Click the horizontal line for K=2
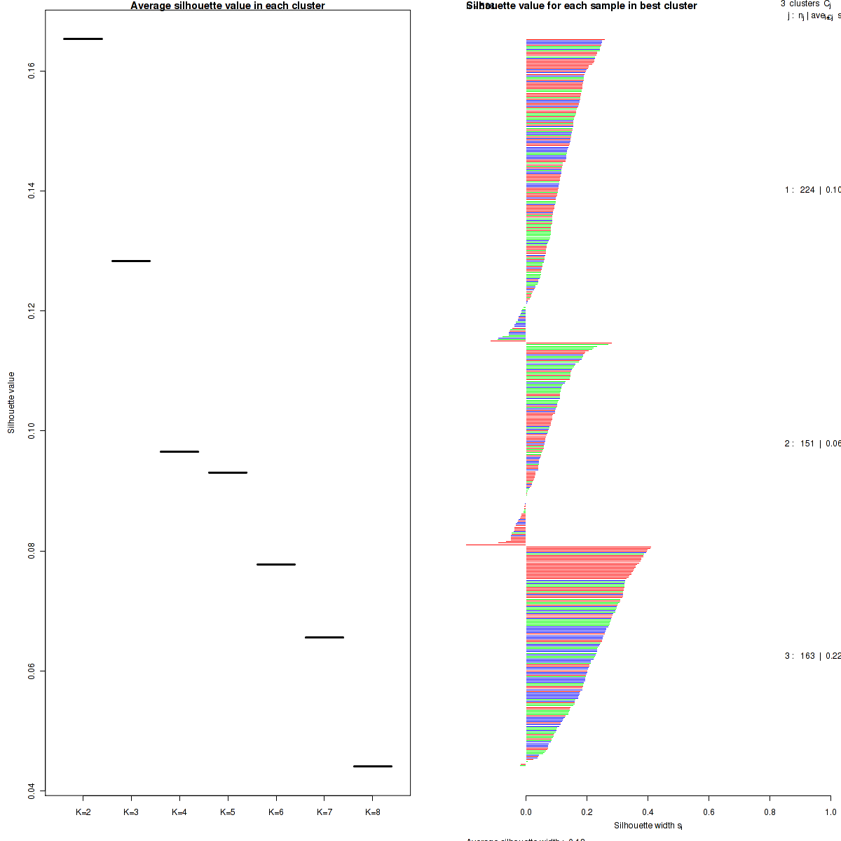coord(83,39)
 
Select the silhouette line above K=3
coord(131,261)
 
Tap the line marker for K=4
coord(179,451)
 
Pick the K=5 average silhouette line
coord(228,472)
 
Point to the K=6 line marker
coord(276,564)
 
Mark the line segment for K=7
coord(324,637)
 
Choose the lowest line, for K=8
coord(372,766)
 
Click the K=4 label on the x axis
coord(179,812)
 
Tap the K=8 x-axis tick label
coord(373,812)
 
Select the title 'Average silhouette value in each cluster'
coord(228,6)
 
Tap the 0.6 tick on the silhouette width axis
coord(709,812)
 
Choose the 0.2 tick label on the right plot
coord(587,812)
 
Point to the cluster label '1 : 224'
coord(800,190)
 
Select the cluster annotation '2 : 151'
coord(800,444)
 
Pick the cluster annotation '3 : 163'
coord(800,656)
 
